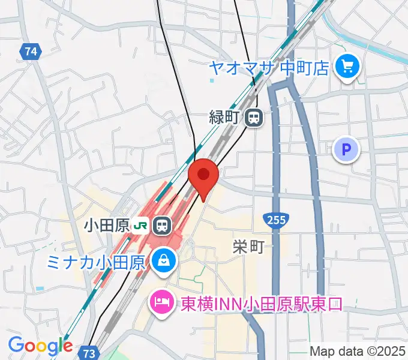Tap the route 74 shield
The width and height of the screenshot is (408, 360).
tap(31, 52)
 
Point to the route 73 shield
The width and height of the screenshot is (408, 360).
tap(89, 353)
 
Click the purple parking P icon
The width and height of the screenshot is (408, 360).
tap(346, 149)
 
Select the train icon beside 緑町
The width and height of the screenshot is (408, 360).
tap(254, 118)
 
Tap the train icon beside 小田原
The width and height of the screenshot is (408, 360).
tap(161, 226)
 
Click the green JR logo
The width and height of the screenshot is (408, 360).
tap(142, 226)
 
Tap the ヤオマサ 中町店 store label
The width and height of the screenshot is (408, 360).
tap(269, 67)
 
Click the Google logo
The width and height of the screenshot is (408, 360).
tap(40, 346)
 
